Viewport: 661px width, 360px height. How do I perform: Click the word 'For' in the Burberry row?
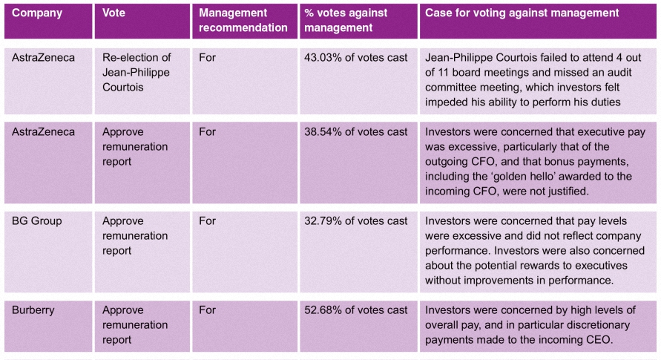pyautogui.click(x=208, y=310)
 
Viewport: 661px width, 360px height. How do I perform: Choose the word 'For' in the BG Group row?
pyautogui.click(x=208, y=221)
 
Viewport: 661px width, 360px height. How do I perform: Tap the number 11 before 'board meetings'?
pyautogui.click(x=443, y=73)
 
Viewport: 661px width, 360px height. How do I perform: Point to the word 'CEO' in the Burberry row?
pyautogui.click(x=599, y=340)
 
